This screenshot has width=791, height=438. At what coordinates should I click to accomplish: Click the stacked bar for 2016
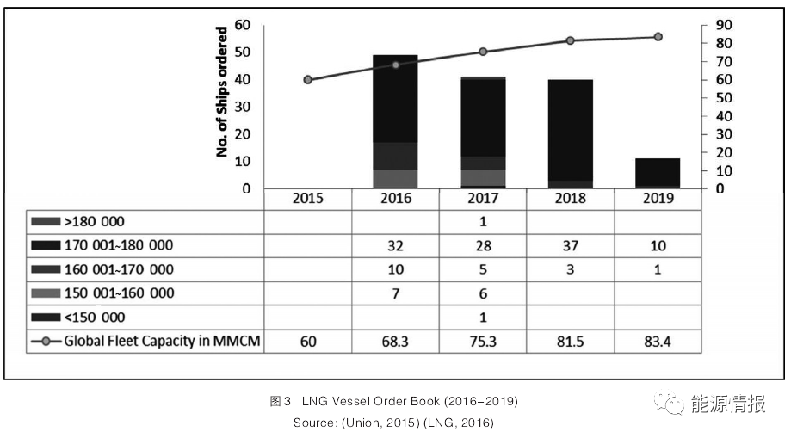(x=395, y=120)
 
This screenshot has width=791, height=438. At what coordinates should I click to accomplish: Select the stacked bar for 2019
(x=658, y=173)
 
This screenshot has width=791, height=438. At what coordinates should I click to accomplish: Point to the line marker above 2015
(x=307, y=80)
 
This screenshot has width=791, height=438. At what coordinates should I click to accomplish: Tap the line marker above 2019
(x=658, y=37)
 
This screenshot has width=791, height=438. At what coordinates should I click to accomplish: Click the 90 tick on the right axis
(x=723, y=24)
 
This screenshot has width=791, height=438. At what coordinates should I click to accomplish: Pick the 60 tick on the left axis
(x=245, y=24)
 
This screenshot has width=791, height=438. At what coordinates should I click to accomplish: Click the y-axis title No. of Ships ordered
(x=221, y=91)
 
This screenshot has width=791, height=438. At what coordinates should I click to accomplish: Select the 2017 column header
(x=482, y=198)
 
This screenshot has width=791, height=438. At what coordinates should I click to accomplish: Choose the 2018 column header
(x=570, y=198)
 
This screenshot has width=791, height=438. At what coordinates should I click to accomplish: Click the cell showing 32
(x=395, y=245)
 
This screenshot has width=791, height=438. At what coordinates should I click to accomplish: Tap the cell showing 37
(x=570, y=245)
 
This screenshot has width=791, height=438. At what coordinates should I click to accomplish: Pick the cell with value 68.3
(x=395, y=342)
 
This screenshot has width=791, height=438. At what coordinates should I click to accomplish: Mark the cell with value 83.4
(x=658, y=342)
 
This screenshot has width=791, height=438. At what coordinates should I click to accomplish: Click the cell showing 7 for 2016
(x=395, y=293)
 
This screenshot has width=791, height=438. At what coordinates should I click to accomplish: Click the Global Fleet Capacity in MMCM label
(x=162, y=342)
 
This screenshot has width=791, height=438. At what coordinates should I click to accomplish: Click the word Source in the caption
(x=313, y=423)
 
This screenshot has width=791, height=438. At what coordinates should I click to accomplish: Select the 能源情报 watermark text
(x=727, y=404)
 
